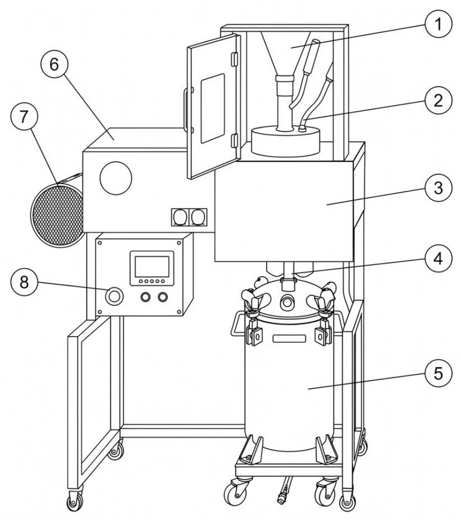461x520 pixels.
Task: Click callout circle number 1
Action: [438, 24]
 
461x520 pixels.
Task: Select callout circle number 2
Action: [438, 100]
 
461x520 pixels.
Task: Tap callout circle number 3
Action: [438, 188]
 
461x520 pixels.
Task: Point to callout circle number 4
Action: [438, 258]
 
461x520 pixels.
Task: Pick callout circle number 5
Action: [438, 373]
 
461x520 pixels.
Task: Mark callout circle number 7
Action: [24, 117]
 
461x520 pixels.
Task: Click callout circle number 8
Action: [24, 282]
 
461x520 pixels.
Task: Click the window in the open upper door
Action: [212, 108]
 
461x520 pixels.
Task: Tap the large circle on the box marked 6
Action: [116, 178]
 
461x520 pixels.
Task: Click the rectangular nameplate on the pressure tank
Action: [289, 339]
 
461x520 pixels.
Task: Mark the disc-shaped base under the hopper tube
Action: [286, 140]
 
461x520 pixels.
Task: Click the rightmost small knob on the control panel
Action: [162, 297]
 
